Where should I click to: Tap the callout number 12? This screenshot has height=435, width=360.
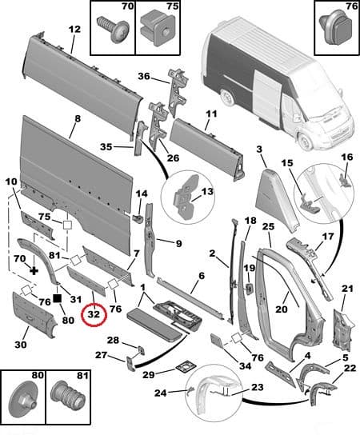pyautogui.click(x=74, y=30)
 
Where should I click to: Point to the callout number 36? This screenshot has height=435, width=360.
pyautogui.click(x=143, y=77)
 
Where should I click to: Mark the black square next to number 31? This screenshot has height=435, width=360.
pyautogui.click(x=57, y=298)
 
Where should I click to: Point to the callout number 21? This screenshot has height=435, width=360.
pyautogui.click(x=346, y=288)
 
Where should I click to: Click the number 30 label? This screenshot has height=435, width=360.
pyautogui.click(x=20, y=345)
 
